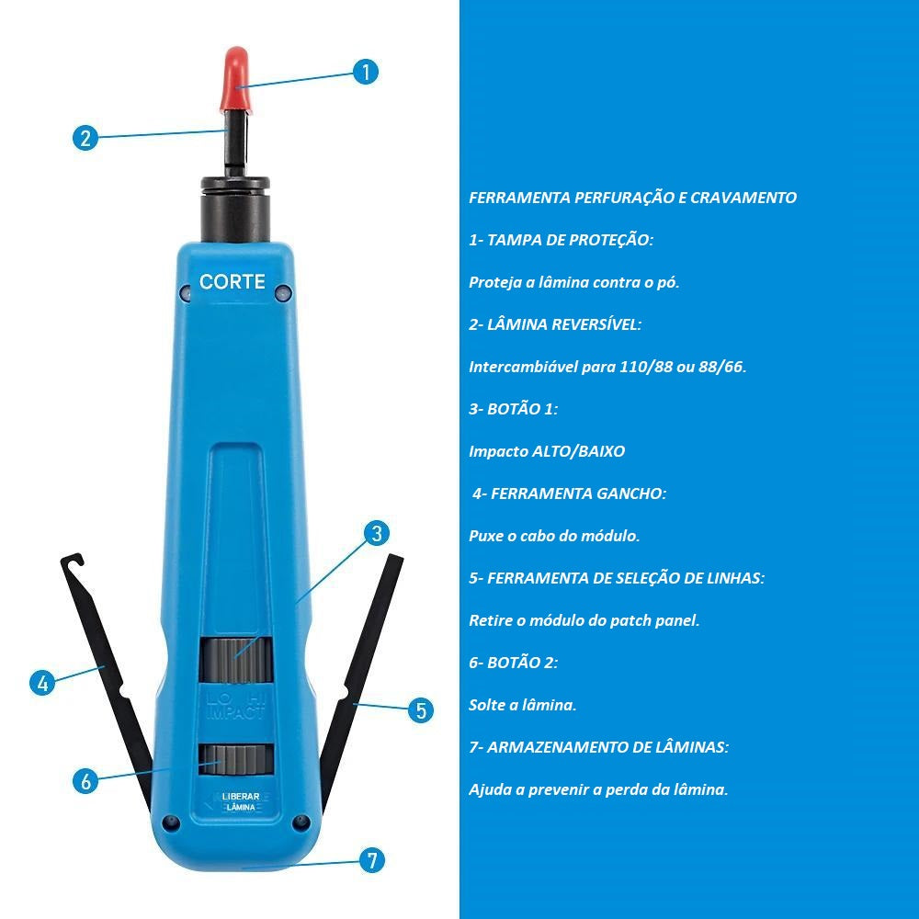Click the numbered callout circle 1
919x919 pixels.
366,72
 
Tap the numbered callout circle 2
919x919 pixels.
85,138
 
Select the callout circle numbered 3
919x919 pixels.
377,533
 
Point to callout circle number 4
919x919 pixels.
42,683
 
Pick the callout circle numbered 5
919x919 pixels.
421,710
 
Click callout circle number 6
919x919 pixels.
85,780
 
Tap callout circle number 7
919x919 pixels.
371,860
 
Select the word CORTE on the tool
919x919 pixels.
233,282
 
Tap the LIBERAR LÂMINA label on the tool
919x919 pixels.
240,801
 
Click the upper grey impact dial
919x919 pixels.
236,660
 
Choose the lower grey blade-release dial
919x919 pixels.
236,760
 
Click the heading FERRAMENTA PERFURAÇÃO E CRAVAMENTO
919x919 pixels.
632,198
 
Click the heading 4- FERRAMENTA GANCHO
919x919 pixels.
569,494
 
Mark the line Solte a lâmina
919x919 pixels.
523,705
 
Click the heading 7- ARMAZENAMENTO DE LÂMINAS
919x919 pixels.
599,747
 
